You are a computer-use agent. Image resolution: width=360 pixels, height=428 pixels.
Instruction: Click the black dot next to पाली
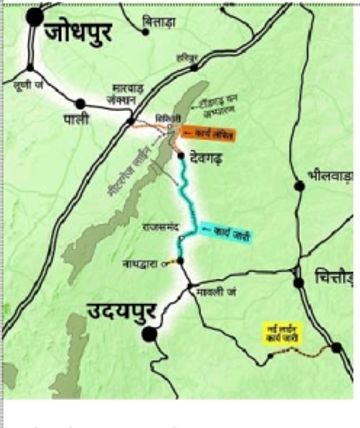coord(79,103)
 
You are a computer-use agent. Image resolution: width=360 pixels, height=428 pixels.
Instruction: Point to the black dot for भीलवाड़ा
coord(299,184)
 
